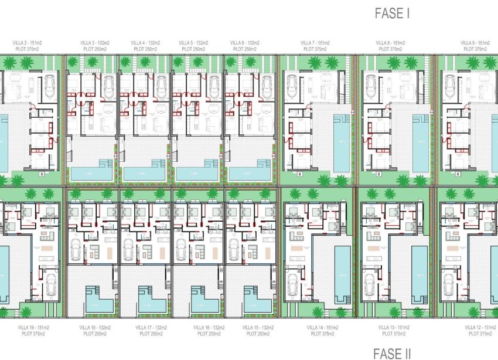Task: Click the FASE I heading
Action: [392, 14]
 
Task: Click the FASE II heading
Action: [392, 353]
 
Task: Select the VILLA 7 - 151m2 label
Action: [315, 43]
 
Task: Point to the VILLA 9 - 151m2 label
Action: [475, 43]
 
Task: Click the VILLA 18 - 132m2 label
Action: [93, 327]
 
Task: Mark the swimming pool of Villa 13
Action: [419, 274]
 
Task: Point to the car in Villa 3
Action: [108, 87]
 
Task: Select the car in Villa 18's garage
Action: [76, 249]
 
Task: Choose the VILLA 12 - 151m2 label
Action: [478, 327]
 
